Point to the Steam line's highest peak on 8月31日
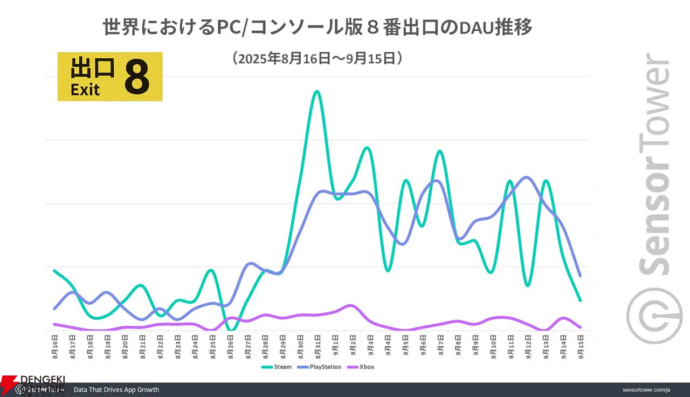pyautogui.click(x=316, y=91)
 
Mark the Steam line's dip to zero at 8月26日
pyautogui.click(x=231, y=330)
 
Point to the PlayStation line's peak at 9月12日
pyautogui.click(x=527, y=177)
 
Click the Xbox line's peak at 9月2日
pyautogui.click(x=351, y=305)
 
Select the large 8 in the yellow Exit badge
pyautogui.click(x=136, y=77)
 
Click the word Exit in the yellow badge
pyautogui.click(x=85, y=90)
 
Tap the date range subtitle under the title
pyautogui.click(x=318, y=58)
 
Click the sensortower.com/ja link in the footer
pyautogui.click(x=646, y=389)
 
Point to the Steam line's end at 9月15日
pyautogui.click(x=581, y=300)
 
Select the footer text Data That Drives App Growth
pyautogui.click(x=116, y=389)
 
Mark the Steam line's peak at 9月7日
pyautogui.click(x=440, y=151)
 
